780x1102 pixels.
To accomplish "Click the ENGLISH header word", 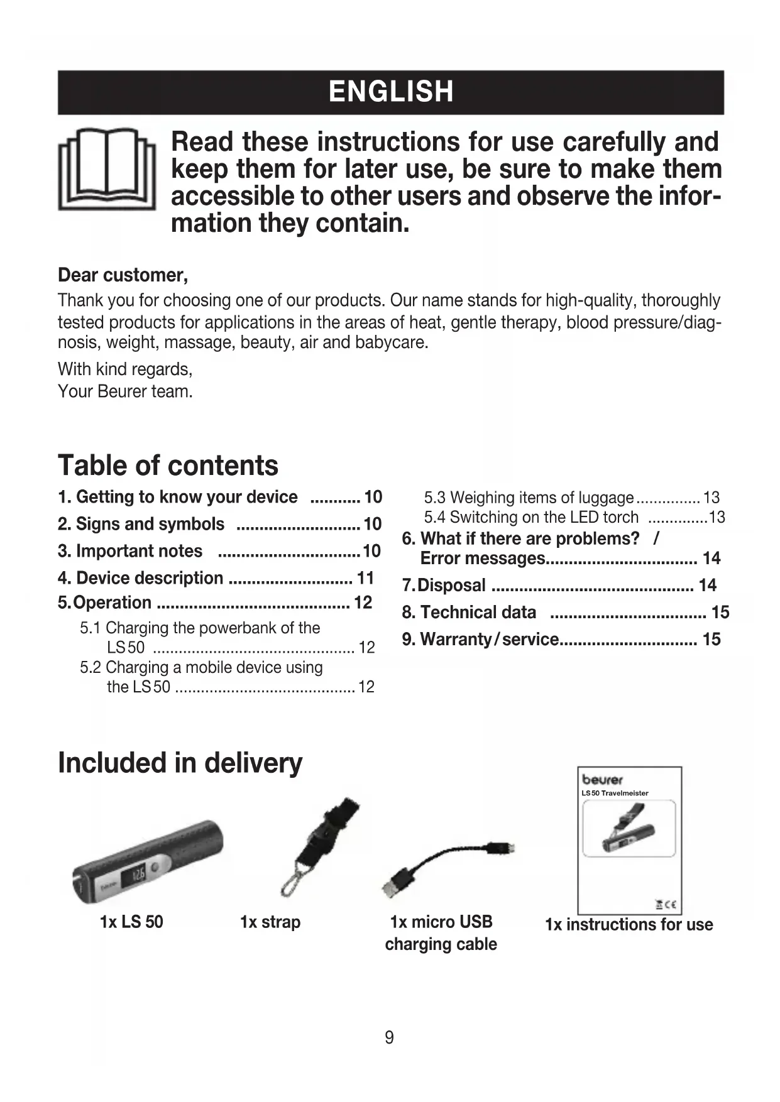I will pos(390,92).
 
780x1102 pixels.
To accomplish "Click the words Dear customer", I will pos(123,275).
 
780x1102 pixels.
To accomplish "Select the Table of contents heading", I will pos(168,466).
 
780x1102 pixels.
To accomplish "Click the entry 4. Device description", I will pos(140,578).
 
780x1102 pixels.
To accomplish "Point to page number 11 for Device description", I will pos(365,578).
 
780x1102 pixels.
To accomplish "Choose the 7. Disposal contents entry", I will pos(444,586).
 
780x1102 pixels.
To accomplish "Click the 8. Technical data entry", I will pos(469,613).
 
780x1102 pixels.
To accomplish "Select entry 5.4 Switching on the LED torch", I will pos(531,517).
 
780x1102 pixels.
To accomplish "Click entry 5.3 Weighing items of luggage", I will pos(529,498).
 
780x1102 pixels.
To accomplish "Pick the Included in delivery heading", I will pos(180,763).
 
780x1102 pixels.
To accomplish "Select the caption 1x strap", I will pos(270,922).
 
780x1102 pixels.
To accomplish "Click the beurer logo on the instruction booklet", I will pos(602,780).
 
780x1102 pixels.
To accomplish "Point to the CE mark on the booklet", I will pos(670,905).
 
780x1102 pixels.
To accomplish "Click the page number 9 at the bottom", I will pos(389,1037).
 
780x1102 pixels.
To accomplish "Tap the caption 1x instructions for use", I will pos(629,925).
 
